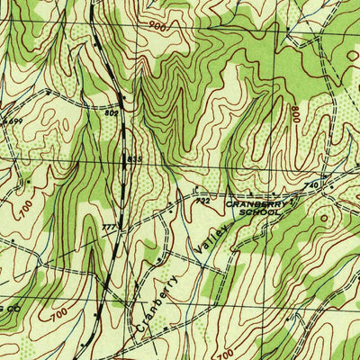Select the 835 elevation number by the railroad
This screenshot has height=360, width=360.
[134, 159]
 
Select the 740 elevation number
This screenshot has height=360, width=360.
[311, 184]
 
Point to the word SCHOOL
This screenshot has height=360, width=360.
[249, 219]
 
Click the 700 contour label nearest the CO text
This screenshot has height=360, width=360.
[58, 317]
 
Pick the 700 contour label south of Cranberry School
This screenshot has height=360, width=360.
[223, 351]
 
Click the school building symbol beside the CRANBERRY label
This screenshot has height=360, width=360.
[293, 203]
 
